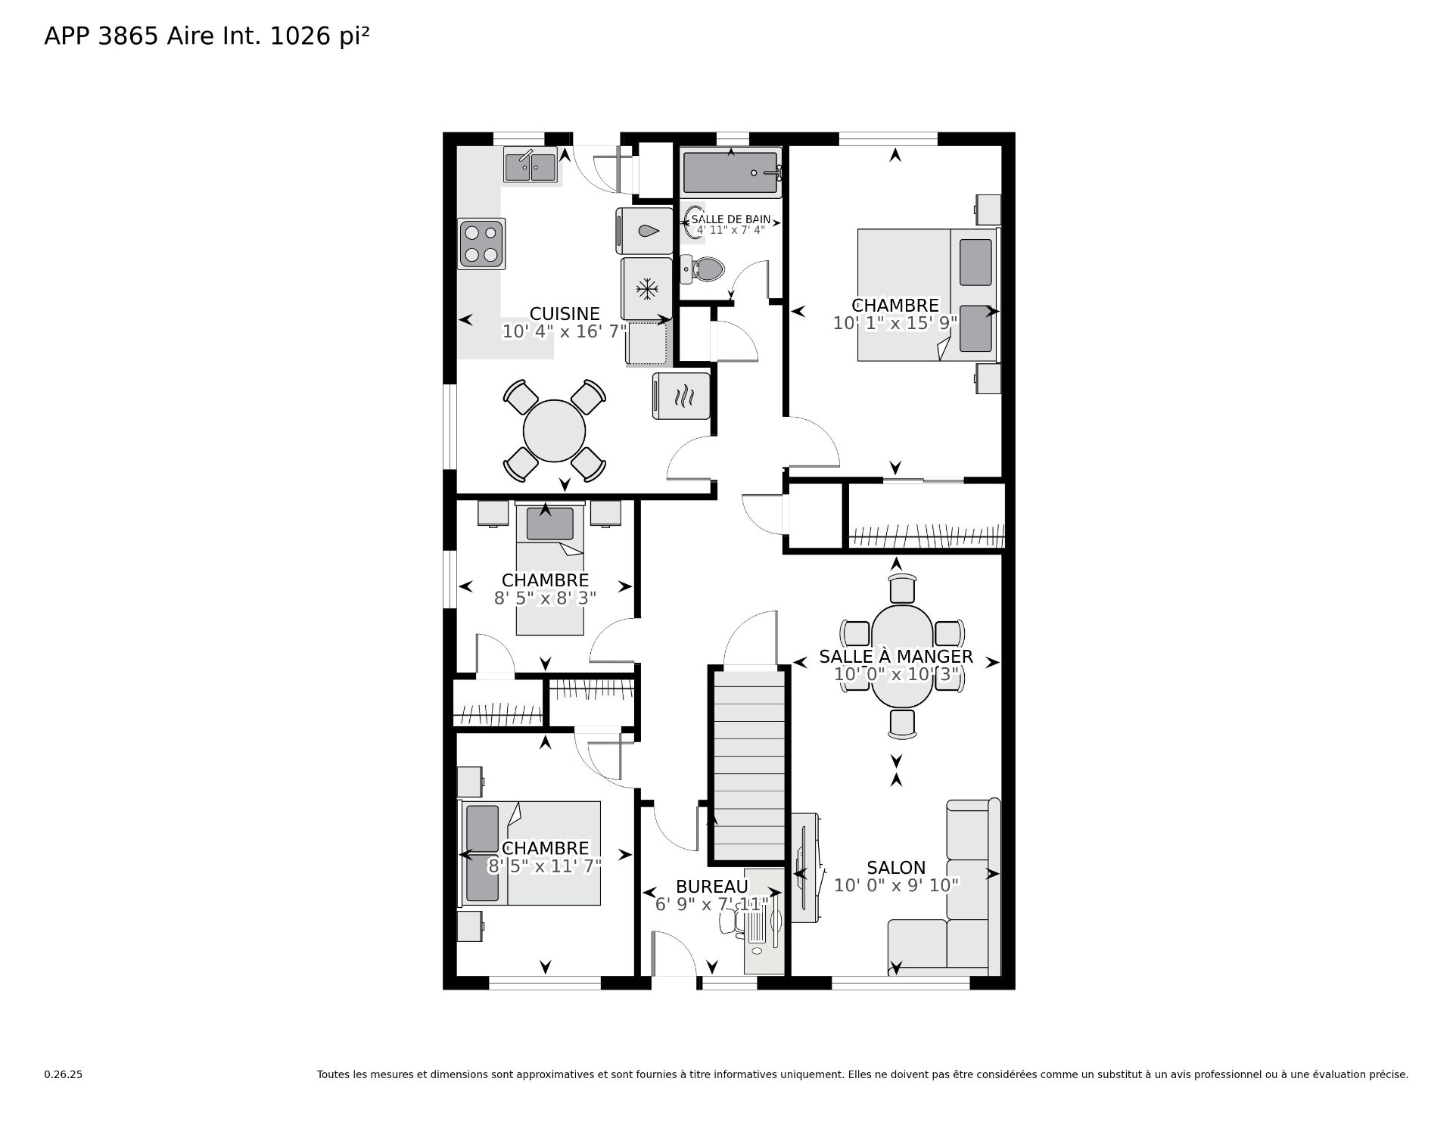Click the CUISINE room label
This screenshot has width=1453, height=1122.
click(565, 313)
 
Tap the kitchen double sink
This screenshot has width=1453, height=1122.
click(530, 166)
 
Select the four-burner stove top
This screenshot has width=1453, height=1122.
click(482, 244)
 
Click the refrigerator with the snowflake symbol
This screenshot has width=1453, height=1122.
click(646, 288)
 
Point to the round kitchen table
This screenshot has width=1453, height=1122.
click(554, 430)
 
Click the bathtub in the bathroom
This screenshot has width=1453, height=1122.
click(731, 172)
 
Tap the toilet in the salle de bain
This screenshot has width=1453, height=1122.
click(703, 269)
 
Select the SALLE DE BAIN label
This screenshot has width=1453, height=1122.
click(731, 219)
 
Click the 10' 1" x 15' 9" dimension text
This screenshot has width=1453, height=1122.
click(895, 323)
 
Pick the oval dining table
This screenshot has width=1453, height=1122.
click(902, 655)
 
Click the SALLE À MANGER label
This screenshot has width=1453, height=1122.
click(896, 656)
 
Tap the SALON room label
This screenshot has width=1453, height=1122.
click(896, 868)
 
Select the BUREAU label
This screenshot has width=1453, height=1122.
click(712, 887)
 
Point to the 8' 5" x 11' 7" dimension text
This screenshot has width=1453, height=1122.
click(545, 866)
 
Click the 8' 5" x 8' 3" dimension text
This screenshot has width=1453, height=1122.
click(545, 598)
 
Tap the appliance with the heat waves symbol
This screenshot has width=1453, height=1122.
click(681, 396)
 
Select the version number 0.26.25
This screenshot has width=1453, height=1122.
click(63, 1074)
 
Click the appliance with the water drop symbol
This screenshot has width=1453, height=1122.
click(645, 231)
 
